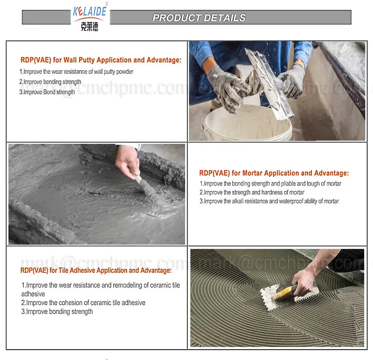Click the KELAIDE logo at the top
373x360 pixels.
[89, 11]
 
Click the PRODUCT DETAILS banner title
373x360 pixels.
[199, 18]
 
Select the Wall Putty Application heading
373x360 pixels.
[101, 60]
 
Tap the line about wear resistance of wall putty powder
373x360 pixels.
[76, 72]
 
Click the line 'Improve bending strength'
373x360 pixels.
[50, 82]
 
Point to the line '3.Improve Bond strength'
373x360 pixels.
[47, 92]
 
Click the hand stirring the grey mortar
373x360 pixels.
[127, 162]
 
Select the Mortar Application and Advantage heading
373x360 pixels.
[274, 173]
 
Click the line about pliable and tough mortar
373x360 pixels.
[270, 184]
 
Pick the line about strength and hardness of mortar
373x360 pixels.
[252, 192]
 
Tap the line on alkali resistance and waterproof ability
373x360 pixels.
[269, 201]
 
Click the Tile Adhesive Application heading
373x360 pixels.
[96, 270]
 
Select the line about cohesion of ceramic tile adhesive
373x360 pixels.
[83, 303]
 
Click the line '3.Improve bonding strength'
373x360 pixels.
[57, 311]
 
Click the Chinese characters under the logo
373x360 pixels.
[89, 27]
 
